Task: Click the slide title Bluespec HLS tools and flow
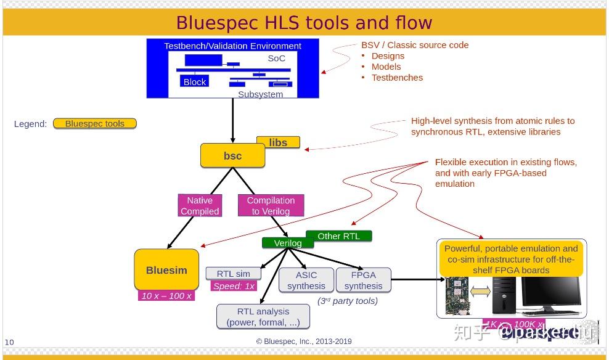[x=304, y=23]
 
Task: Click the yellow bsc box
[x=232, y=156]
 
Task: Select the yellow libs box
[x=278, y=142]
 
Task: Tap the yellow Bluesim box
[x=166, y=270]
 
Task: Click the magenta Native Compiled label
[x=199, y=205]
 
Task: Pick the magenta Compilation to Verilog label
[x=271, y=205]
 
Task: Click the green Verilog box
[x=287, y=243]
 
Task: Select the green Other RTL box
[x=338, y=235]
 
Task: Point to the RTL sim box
[x=233, y=274]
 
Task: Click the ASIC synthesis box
[x=306, y=280]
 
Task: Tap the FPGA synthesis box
[x=363, y=280]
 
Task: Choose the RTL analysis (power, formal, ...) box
[x=263, y=316]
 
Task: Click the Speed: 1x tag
[x=234, y=286]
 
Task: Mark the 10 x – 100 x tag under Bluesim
[x=166, y=296]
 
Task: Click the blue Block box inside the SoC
[x=195, y=81]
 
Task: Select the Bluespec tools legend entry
[x=94, y=123]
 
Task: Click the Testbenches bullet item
[x=397, y=78]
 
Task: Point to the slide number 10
[x=9, y=342]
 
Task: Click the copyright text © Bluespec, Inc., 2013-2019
[x=304, y=342]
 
